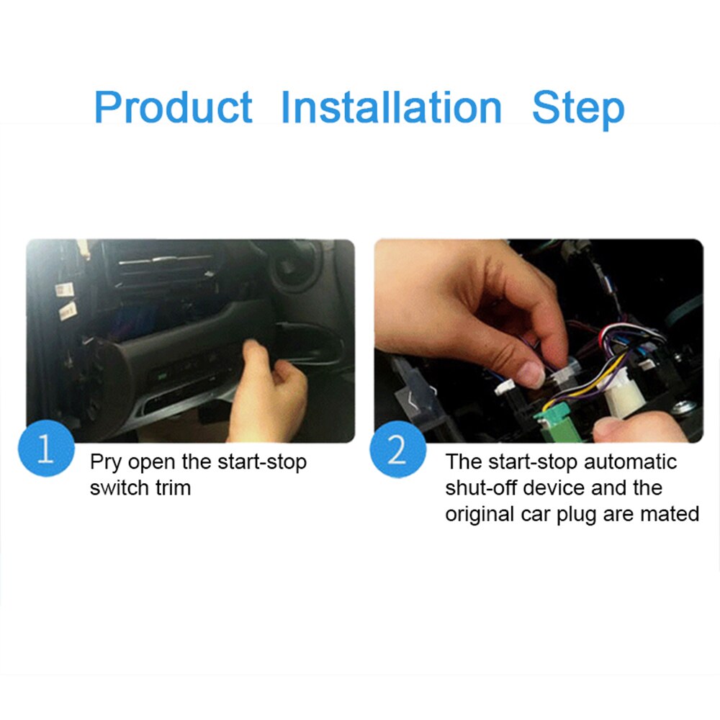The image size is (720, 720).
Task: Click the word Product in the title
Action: pos(173,108)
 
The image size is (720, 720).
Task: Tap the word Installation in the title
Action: pos(391,107)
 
